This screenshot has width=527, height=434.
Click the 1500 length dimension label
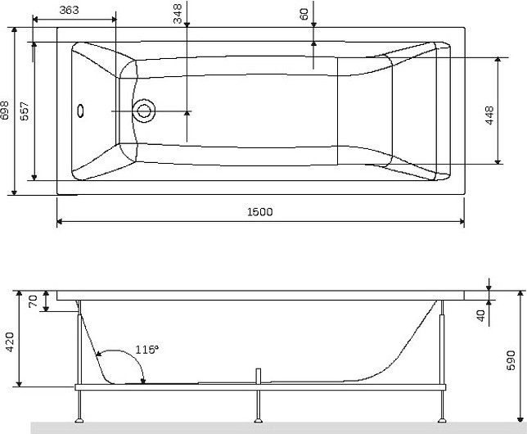pyautogui.click(x=259, y=212)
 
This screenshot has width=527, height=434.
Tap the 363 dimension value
pyautogui.click(x=70, y=10)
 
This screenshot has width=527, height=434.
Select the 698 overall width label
pyautogui.click(x=5, y=110)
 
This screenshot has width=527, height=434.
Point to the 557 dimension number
pyautogui.click(x=25, y=111)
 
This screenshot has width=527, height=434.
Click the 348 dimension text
pyautogui.click(x=178, y=14)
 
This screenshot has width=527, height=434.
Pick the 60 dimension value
pyautogui.click(x=304, y=15)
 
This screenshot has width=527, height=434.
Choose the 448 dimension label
pyautogui.click(x=490, y=115)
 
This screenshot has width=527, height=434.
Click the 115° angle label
pyautogui.click(x=146, y=350)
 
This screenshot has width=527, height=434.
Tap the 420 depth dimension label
pyautogui.click(x=10, y=342)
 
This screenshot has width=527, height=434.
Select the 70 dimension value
pyautogui.click(x=33, y=301)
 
